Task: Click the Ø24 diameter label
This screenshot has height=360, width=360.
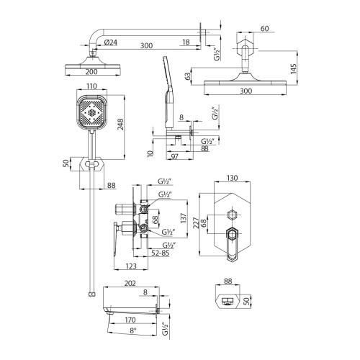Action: point(110,45)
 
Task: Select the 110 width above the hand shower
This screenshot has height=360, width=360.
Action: point(91,86)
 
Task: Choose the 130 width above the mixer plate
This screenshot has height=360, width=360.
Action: point(232,178)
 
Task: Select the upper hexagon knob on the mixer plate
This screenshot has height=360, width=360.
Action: point(232,215)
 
